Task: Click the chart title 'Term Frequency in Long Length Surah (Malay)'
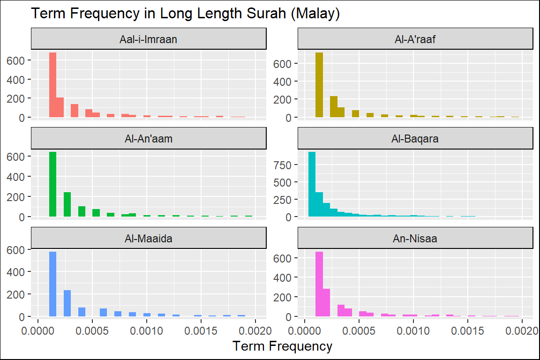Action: (185, 14)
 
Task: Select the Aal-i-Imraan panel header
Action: (149, 39)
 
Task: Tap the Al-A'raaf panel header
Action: (415, 39)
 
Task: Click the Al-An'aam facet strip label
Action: (149, 139)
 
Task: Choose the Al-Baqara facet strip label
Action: (415, 139)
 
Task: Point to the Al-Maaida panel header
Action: (149, 238)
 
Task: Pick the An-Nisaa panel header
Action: (415, 238)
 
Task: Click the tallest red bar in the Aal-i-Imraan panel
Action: (53, 85)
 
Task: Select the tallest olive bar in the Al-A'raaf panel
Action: (319, 85)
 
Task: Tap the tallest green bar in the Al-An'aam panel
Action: (53, 184)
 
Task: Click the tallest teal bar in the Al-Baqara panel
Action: (312, 184)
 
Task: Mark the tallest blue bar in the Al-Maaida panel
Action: (53, 284)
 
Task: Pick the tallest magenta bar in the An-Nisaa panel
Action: (319, 284)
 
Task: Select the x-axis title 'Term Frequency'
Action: (282, 346)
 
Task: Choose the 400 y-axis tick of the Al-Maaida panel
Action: (19, 271)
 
